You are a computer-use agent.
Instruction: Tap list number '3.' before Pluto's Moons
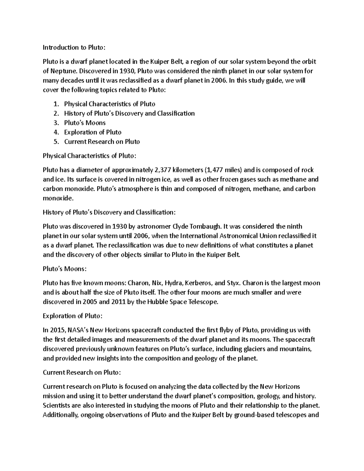click(56, 123)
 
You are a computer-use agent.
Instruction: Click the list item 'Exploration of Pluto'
click(93, 132)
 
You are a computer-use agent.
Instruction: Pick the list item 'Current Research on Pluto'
click(102, 142)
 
